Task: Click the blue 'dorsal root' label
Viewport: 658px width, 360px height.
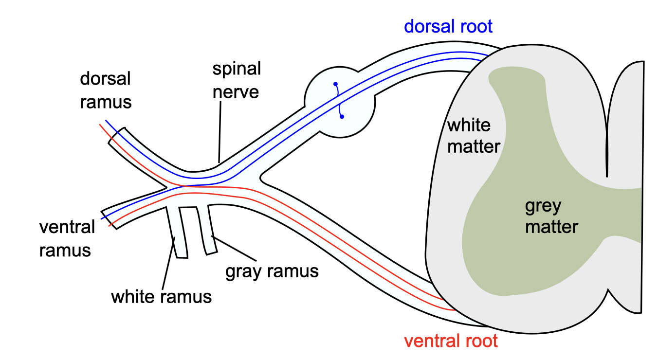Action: pyautogui.click(x=448, y=26)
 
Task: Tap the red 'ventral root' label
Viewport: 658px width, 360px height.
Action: pyautogui.click(x=451, y=341)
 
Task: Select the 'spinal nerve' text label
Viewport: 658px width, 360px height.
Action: pyautogui.click(x=237, y=80)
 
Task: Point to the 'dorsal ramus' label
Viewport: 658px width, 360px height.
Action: pyautogui.click(x=106, y=90)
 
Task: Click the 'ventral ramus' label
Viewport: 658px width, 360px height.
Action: pyautogui.click(x=67, y=238)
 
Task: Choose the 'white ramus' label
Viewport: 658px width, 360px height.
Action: pyautogui.click(x=161, y=296)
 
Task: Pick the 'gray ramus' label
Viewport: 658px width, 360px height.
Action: pyautogui.click(x=272, y=271)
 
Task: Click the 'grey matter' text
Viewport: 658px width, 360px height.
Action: pyautogui.click(x=551, y=216)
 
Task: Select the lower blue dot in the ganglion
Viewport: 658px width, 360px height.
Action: pyautogui.click(x=342, y=117)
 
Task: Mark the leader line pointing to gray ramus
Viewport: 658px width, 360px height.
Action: pyautogui.click(x=234, y=248)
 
